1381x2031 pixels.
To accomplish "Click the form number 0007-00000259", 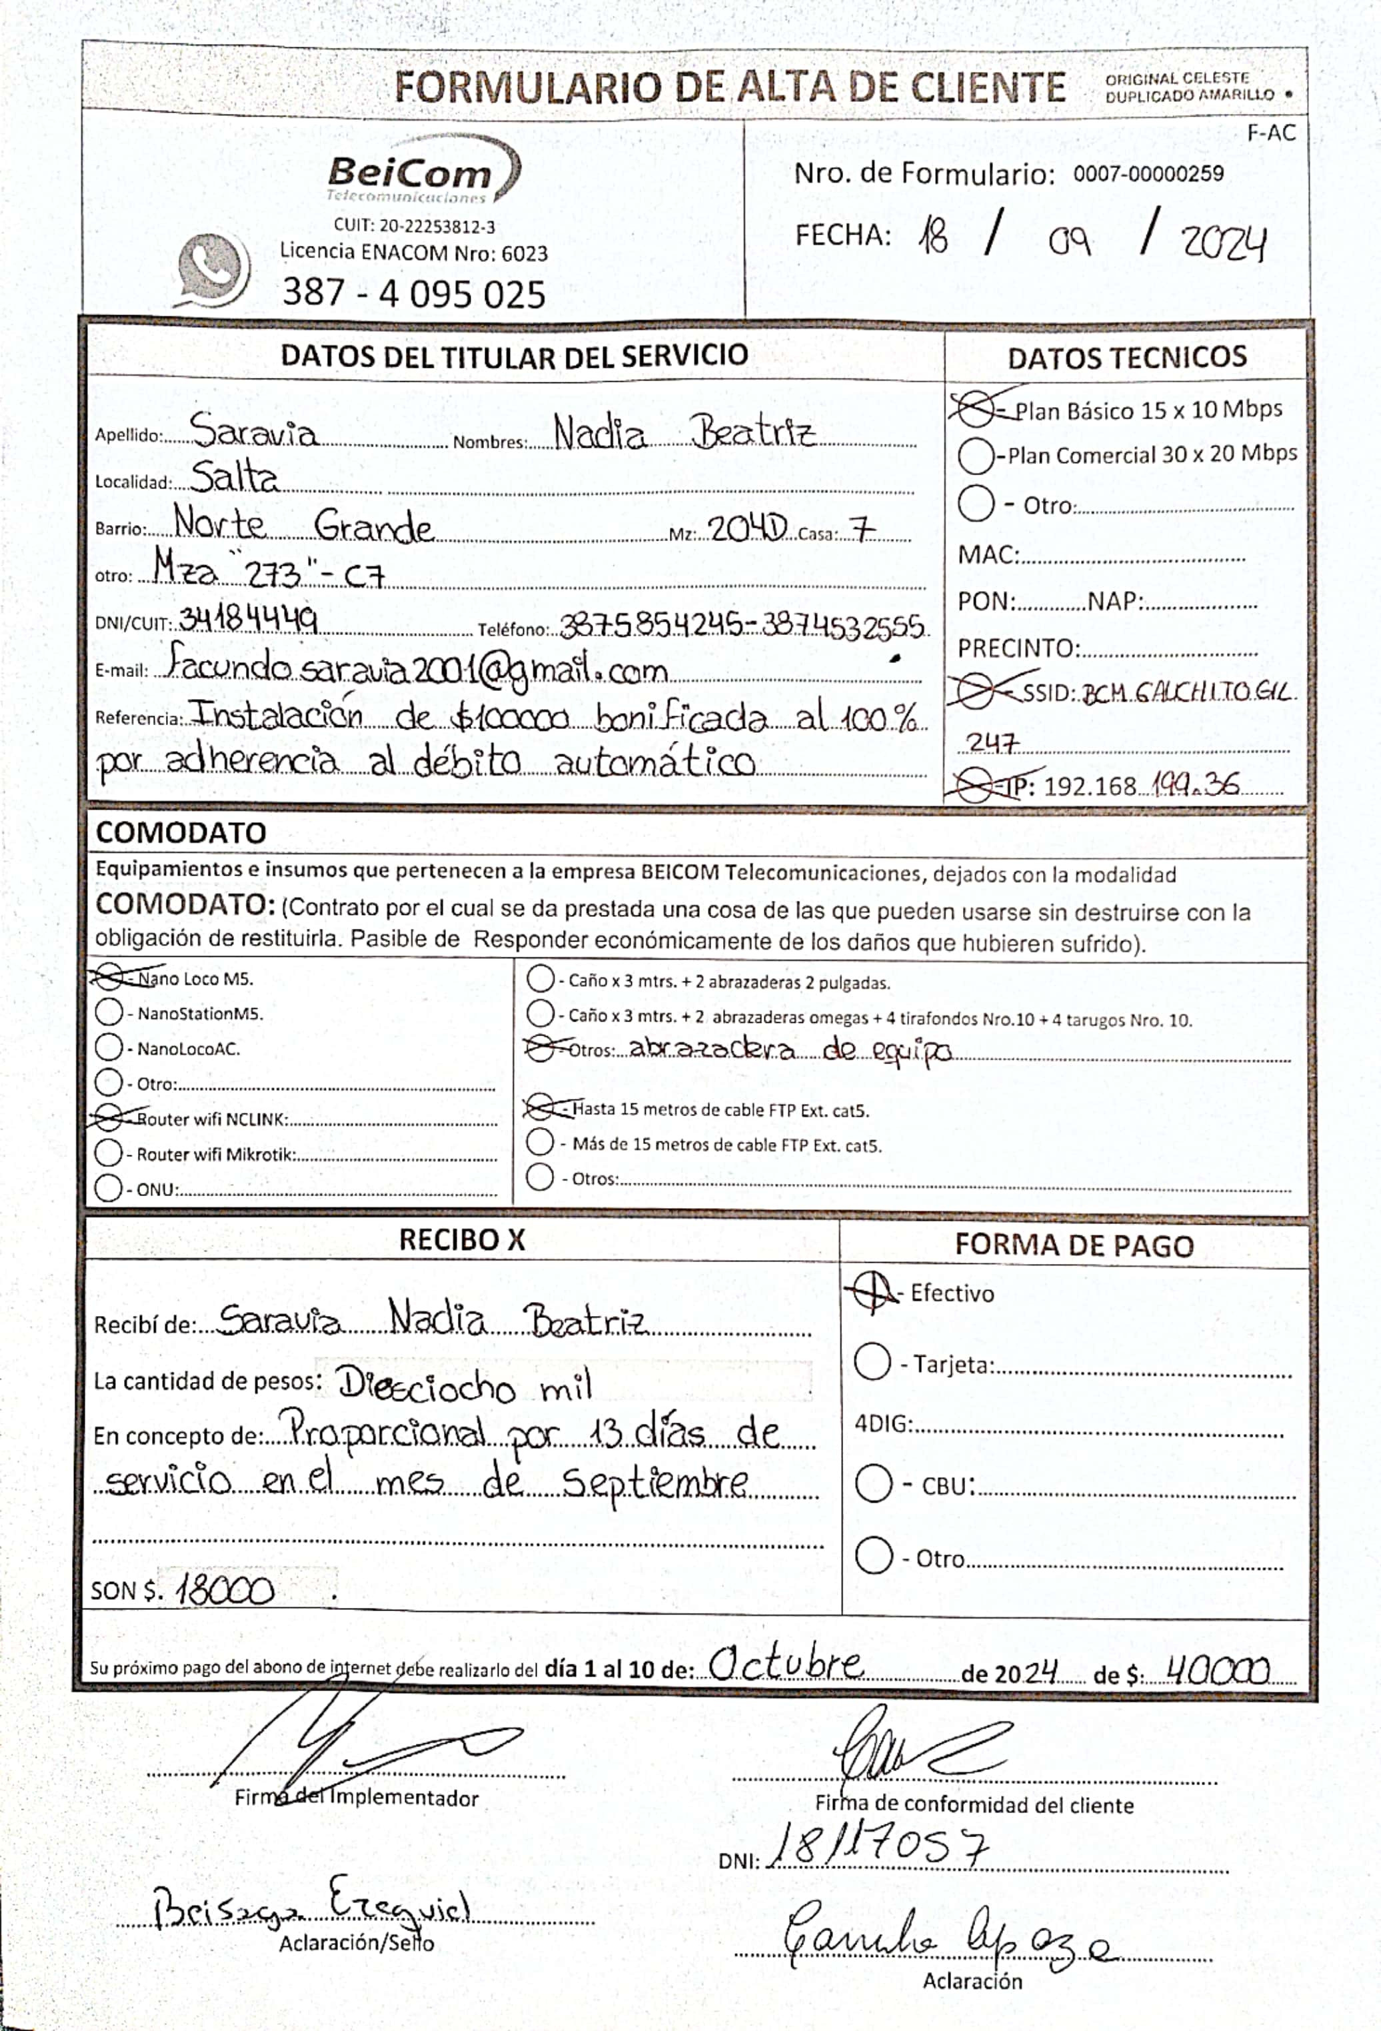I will [1148, 174].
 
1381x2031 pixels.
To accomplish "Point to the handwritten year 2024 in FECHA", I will [1224, 243].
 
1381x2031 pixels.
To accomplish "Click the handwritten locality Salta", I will [234, 478].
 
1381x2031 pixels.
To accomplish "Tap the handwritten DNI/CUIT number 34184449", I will [248, 620].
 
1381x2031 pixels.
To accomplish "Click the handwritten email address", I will [417, 668].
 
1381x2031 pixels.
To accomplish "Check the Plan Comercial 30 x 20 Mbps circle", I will [976, 455].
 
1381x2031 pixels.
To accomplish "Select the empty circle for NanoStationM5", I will [109, 1012].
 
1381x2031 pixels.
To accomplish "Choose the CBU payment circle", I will [873, 1484].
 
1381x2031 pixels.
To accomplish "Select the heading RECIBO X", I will [461, 1240].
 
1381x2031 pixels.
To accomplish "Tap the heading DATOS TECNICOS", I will [1126, 357].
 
